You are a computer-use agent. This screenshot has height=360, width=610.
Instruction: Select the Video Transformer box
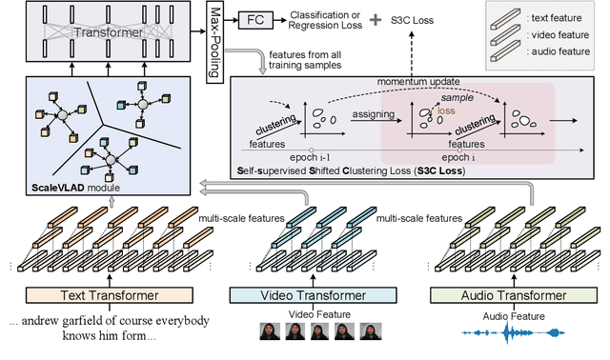click(x=304, y=294)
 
